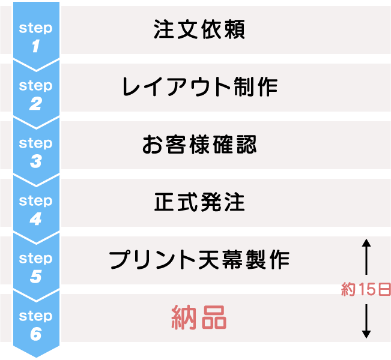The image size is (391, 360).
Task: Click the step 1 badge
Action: click(x=35, y=36)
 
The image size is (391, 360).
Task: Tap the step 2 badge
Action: click(x=35, y=94)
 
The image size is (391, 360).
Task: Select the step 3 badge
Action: click(x=35, y=151)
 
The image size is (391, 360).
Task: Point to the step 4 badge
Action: click(x=35, y=209)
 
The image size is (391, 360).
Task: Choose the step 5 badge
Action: click(x=35, y=266)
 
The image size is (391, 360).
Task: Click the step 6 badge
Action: click(x=35, y=324)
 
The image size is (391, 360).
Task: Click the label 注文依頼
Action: click(x=199, y=30)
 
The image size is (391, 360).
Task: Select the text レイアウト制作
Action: click(x=199, y=88)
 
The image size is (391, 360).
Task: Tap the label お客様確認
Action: click(x=199, y=145)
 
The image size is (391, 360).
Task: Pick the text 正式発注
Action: click(x=199, y=203)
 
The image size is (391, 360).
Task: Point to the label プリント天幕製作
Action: click(x=199, y=260)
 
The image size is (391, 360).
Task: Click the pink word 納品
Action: click(x=199, y=317)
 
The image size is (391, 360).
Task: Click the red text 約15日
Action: click(x=366, y=290)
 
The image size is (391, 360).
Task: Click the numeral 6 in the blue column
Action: click(x=35, y=334)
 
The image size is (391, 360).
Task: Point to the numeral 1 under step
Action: click(x=35, y=46)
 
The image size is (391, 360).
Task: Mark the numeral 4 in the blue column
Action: click(x=35, y=218)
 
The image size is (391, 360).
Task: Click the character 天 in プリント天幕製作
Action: click(x=207, y=260)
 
